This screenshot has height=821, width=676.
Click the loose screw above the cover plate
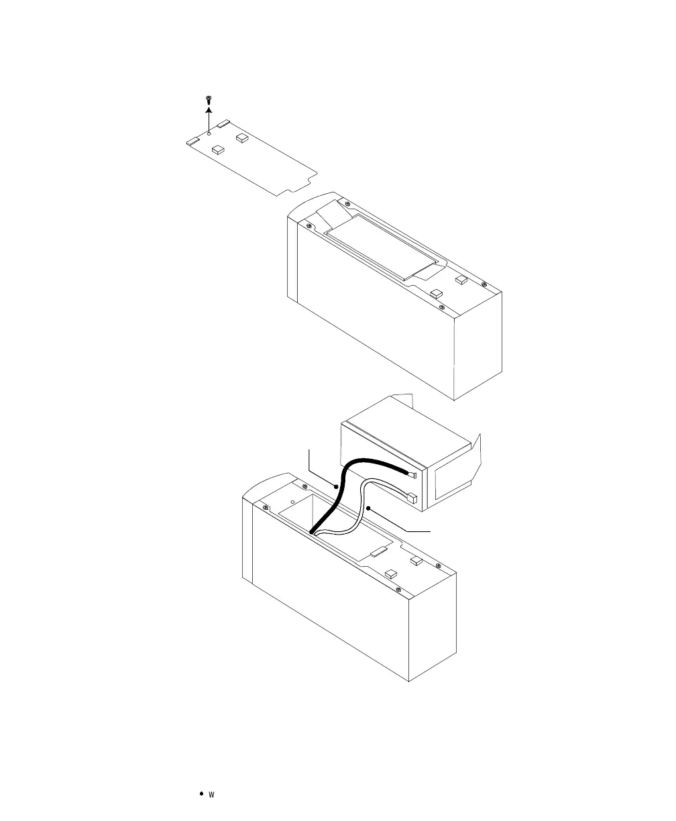tap(209, 100)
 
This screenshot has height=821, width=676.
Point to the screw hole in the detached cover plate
tap(209, 132)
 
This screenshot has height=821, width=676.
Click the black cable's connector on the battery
tap(412, 475)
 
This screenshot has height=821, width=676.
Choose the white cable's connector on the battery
tap(414, 499)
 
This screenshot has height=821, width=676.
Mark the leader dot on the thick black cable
tap(336, 485)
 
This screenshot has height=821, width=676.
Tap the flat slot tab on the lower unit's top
tap(378, 553)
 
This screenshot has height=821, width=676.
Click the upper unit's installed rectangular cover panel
tap(382, 245)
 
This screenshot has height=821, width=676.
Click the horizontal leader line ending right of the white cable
tap(410, 530)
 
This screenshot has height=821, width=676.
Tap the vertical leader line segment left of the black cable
tap(308, 461)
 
